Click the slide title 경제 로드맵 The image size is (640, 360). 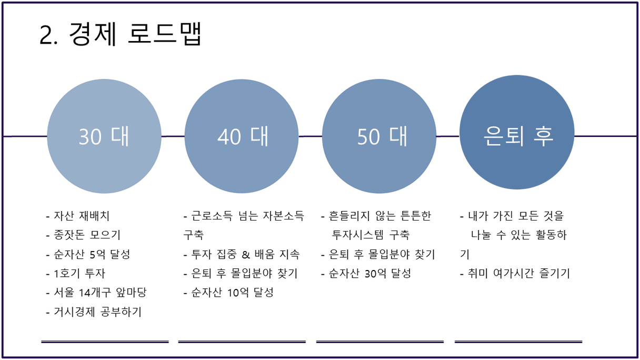[x=135, y=34]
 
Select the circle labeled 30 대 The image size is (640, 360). [x=104, y=136]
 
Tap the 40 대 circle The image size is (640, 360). [x=242, y=136]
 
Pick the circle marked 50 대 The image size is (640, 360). [x=379, y=136]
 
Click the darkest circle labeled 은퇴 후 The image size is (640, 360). [x=517, y=132]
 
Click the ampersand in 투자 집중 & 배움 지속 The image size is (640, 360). [x=246, y=254]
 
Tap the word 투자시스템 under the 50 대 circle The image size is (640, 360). [x=357, y=235]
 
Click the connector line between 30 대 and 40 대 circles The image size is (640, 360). [x=173, y=136]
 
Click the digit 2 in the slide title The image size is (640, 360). [x=46, y=35]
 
